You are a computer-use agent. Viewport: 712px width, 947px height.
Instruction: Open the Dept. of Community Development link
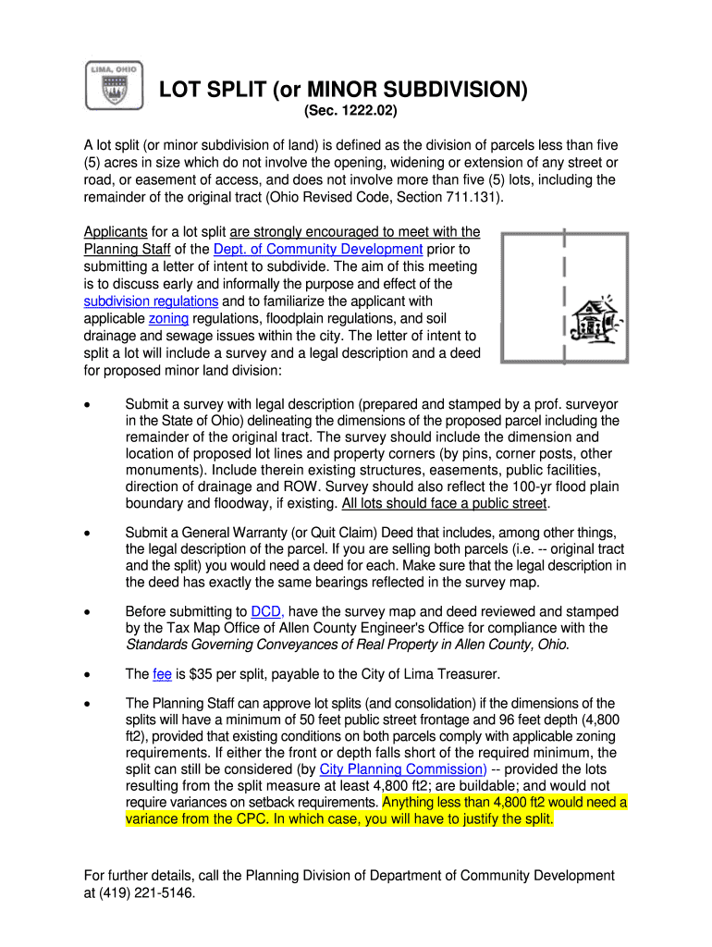[318, 250]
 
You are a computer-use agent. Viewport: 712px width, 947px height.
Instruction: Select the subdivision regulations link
[151, 301]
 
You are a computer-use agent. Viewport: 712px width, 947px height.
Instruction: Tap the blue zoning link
[168, 319]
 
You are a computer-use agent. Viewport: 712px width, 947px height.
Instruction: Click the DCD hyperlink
[266, 612]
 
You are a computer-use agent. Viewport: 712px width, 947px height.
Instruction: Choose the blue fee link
[164, 674]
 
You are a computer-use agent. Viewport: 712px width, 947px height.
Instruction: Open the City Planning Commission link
[403, 769]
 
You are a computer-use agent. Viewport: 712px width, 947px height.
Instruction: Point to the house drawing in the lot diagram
[593, 321]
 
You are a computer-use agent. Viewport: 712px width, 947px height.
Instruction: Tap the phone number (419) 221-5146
[140, 893]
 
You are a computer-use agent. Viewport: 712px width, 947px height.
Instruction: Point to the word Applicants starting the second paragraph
[116, 232]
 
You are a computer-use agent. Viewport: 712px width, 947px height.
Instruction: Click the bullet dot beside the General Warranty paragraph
[88, 533]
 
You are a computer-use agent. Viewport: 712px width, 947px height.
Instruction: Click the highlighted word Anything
[412, 803]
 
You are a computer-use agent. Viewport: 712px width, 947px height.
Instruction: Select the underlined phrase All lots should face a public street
[444, 504]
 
